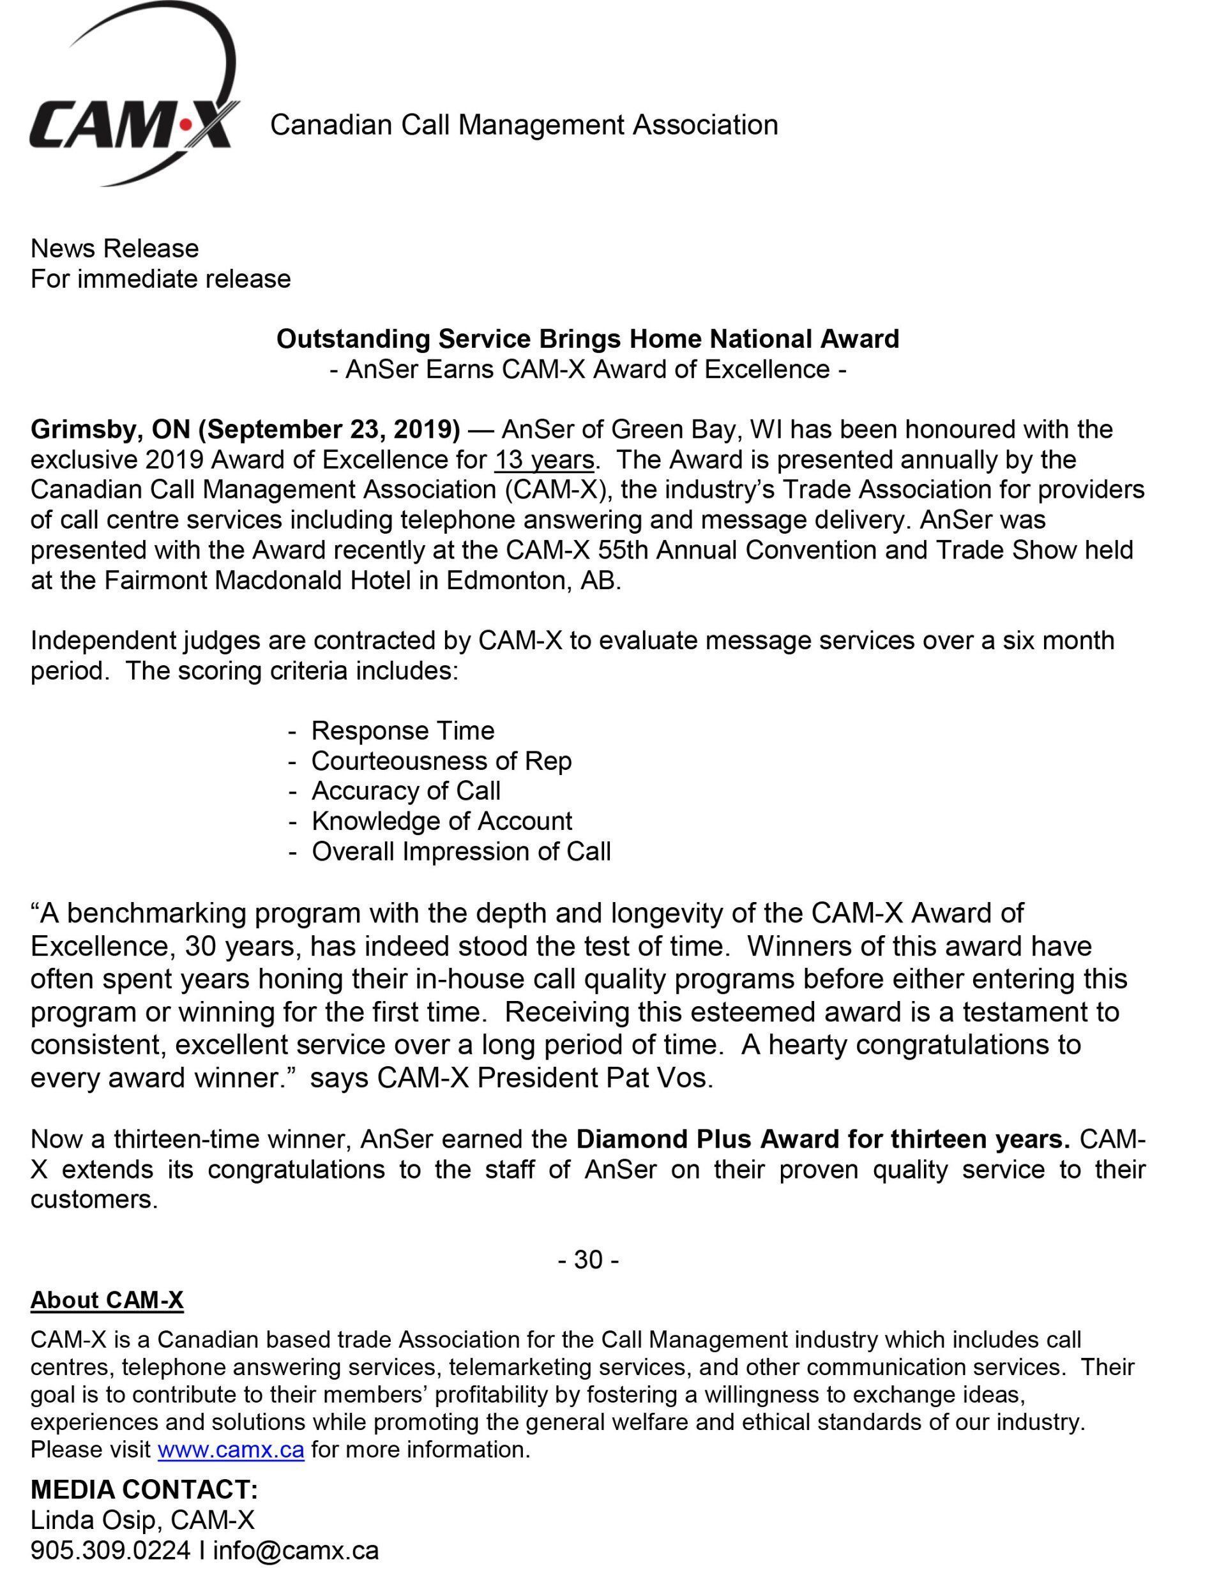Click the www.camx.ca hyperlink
(231, 1449)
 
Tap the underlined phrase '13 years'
(545, 460)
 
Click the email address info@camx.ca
(296, 1550)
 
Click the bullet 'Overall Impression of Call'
(461, 852)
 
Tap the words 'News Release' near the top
(114, 248)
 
